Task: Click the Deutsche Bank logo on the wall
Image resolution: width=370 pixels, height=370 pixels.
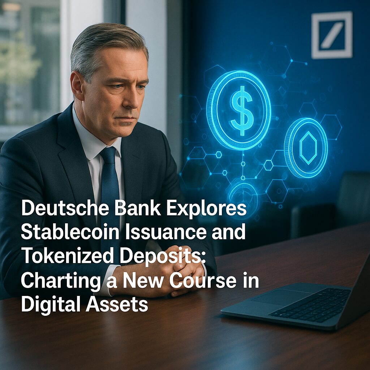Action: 332,35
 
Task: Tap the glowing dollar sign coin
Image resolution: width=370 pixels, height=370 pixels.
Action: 239,111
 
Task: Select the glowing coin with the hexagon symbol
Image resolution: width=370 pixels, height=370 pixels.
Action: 306,147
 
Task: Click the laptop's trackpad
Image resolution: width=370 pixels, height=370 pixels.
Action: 281,298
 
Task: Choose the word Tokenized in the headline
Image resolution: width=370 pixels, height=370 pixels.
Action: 68,256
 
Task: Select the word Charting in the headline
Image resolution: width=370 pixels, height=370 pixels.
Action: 61,281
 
